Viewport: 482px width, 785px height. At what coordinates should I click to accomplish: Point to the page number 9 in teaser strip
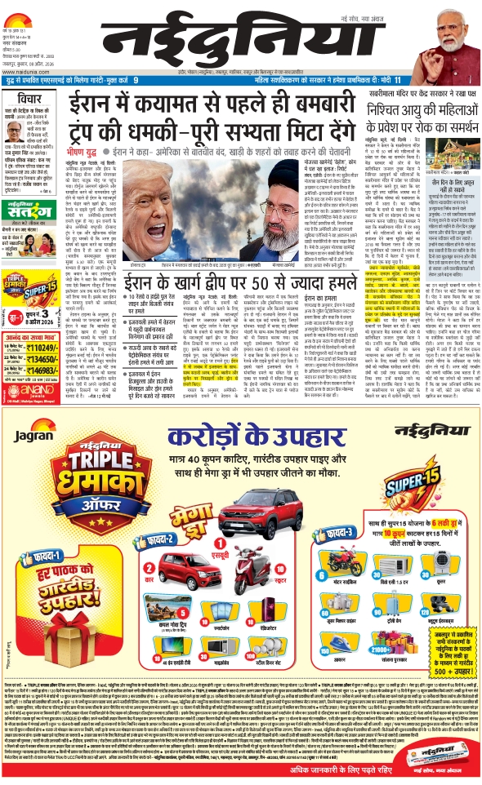136,80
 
